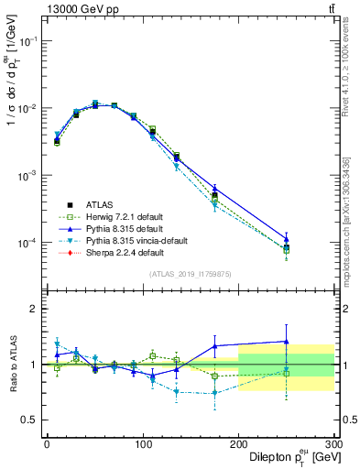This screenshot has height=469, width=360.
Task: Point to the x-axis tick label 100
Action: (x=142, y=444)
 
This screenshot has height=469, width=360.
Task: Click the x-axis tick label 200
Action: (x=238, y=444)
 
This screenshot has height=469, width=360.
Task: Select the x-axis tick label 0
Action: (x=47, y=444)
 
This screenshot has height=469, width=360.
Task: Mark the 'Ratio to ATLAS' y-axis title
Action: (x=12, y=365)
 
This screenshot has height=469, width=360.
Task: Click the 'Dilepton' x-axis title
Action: (x=275, y=457)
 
